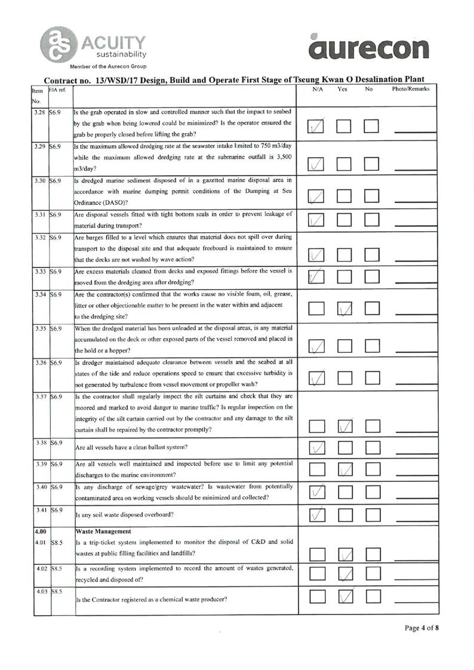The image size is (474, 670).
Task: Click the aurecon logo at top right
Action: point(370,48)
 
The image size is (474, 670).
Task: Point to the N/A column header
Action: point(318,89)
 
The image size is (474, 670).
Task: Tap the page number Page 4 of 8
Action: point(421,628)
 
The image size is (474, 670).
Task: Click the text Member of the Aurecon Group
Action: point(108,66)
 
